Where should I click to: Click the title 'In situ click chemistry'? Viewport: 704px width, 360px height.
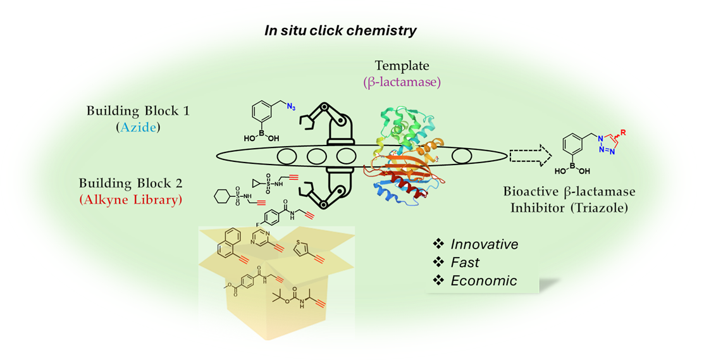(341, 31)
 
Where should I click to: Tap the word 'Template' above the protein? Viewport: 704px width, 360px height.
(402, 65)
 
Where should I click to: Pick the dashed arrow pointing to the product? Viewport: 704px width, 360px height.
(530, 154)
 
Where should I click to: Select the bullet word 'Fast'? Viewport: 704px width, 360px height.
(465, 262)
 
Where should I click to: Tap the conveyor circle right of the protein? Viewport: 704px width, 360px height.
(461, 155)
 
